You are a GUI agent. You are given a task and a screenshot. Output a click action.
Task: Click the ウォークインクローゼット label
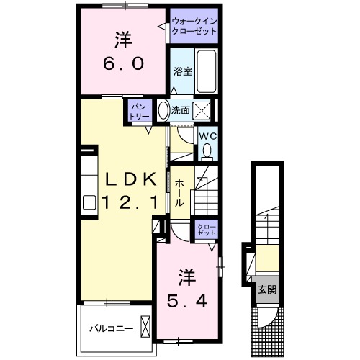193,27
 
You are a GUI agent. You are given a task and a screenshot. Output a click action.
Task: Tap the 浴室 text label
182,71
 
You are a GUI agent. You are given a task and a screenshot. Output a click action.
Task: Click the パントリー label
139,110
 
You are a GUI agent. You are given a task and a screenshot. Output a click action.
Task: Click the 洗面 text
180,110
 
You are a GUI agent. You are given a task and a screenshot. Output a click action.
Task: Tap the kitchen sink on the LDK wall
89,202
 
